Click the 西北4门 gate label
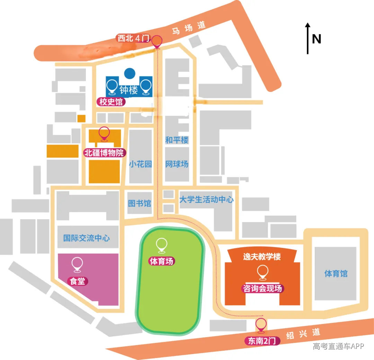click(x=133, y=38)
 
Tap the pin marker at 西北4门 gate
click(x=157, y=42)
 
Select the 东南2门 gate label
click(x=262, y=341)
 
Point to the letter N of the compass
click(x=317, y=39)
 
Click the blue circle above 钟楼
click(x=130, y=73)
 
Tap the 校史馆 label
click(x=111, y=102)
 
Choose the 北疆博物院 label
click(x=105, y=153)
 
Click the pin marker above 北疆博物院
click(x=104, y=134)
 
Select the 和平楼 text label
click(x=177, y=140)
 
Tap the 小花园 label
click(x=140, y=164)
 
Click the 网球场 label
click(x=177, y=164)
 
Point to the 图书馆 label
click(x=140, y=203)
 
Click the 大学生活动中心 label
click(x=206, y=199)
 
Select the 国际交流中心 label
click(x=87, y=238)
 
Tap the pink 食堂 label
click(x=78, y=281)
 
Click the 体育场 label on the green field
click(x=161, y=261)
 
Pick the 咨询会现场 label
click(x=262, y=288)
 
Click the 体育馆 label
click(x=336, y=273)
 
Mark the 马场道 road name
click(x=189, y=28)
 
